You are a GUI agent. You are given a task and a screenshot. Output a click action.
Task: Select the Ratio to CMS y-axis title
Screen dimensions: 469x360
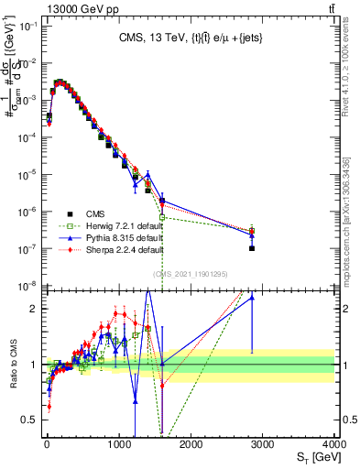pyautogui.click(x=12, y=375)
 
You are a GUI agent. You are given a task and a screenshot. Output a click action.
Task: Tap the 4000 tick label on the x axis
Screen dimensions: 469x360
pyautogui.click(x=335, y=444)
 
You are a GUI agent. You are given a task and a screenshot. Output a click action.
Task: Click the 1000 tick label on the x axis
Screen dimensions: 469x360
pyautogui.click(x=119, y=444)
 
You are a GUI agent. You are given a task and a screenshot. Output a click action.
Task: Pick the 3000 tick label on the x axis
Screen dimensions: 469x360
pyautogui.click(x=264, y=444)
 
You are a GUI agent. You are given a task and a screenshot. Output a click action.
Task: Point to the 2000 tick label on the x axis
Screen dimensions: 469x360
pyautogui.click(x=191, y=444)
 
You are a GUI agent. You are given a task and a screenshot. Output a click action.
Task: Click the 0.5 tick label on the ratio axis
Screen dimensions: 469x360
pyautogui.click(x=28, y=420)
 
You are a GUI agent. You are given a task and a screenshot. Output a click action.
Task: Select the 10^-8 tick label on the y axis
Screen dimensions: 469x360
pyautogui.click(x=26, y=286)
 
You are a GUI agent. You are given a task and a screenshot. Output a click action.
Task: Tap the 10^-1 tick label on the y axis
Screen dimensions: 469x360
pyautogui.click(x=26, y=26)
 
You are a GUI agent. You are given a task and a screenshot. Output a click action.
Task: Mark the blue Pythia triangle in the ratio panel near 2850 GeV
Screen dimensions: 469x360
pyautogui.click(x=252, y=297)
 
